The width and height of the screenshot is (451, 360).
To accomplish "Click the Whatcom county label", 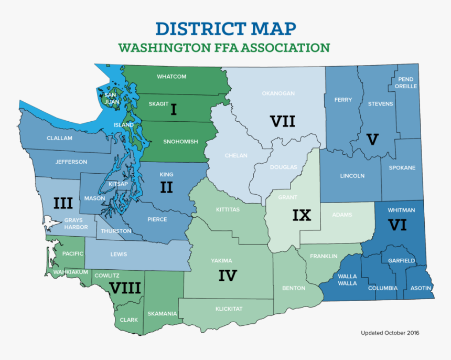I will [x=171, y=77].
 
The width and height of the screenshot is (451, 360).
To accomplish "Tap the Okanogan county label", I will [x=278, y=93].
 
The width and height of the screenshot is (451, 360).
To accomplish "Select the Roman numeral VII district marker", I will [x=283, y=122].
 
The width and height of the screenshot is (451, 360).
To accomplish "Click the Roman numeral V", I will [x=372, y=140].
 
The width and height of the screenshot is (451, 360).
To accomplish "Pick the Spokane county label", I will [x=402, y=168].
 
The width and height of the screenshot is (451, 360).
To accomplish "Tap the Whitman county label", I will [x=401, y=210].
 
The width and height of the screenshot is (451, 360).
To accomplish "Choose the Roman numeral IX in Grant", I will [x=302, y=215].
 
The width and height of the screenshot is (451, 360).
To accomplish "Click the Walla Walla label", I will [x=347, y=280].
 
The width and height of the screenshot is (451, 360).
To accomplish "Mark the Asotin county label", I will [x=421, y=288].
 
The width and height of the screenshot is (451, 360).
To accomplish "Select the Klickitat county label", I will [x=229, y=309].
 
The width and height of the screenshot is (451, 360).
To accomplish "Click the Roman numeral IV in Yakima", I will [x=228, y=276].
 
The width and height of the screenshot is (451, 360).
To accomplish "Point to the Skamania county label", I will [x=162, y=314].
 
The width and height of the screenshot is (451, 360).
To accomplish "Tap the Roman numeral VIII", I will [x=124, y=288].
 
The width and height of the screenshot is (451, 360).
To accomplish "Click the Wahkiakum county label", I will [x=70, y=272].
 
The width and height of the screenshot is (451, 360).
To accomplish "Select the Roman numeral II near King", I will [x=166, y=187].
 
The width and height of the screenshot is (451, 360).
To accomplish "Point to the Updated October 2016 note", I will [x=389, y=333].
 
